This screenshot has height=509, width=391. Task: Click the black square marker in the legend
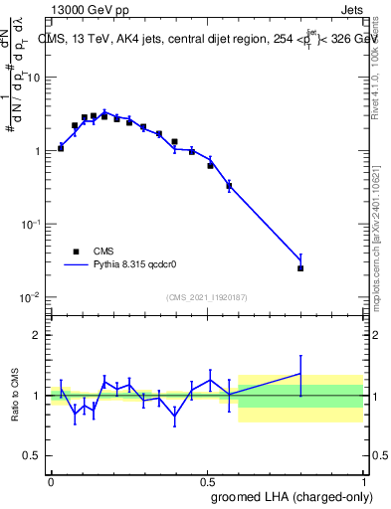(76, 252)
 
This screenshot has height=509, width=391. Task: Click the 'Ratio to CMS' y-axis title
(17, 395)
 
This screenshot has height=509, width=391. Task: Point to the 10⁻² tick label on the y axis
(31, 297)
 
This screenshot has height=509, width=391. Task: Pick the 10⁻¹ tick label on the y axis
(31, 225)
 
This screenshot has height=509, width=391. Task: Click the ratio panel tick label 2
(38, 335)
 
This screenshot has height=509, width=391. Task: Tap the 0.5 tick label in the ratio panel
(34, 456)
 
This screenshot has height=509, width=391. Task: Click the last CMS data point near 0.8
(300, 268)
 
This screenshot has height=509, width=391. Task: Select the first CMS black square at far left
(61, 148)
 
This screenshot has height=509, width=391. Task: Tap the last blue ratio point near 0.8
(300, 374)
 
